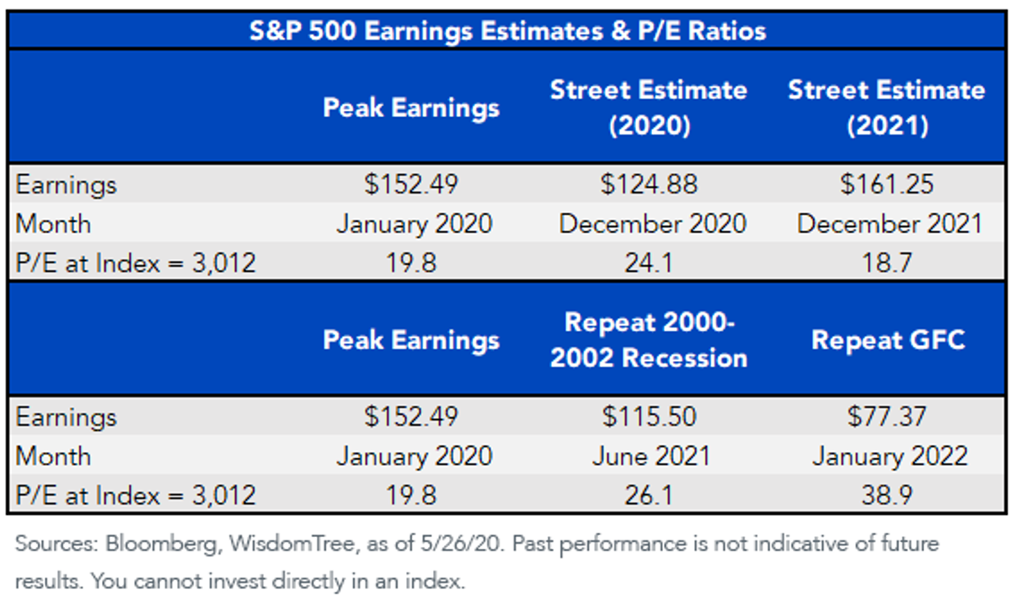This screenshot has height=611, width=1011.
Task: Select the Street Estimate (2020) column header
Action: [x=649, y=108]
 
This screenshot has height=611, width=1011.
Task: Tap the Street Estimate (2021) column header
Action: [x=887, y=108]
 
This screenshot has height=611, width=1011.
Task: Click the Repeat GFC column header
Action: [x=888, y=339]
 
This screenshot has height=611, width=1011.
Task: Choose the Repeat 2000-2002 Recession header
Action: [x=649, y=339]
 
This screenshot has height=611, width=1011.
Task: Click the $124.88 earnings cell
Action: [x=649, y=184]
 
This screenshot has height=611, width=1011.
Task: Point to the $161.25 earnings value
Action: [x=887, y=184]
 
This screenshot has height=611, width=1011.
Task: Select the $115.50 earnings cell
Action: [x=649, y=417]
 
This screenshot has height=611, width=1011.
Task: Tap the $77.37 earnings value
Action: [x=887, y=417]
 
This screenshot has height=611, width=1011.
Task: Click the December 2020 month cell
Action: [x=653, y=224]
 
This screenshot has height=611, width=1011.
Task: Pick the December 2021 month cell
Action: [x=890, y=224]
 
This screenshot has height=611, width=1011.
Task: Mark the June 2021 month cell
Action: [x=652, y=456]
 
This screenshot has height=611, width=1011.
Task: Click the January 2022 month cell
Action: [x=890, y=456]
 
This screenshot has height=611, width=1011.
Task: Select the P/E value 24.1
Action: [x=649, y=263]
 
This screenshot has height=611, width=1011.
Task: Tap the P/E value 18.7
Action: [x=887, y=263]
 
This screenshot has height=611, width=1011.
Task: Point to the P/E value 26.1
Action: [x=649, y=495]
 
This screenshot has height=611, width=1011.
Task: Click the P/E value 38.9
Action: [x=887, y=495]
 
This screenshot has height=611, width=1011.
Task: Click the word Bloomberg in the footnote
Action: [x=163, y=545]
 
